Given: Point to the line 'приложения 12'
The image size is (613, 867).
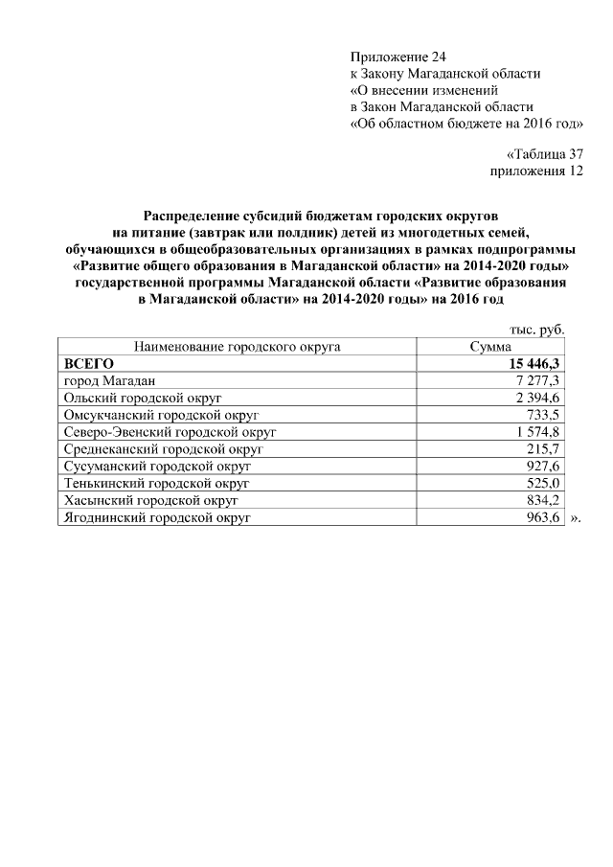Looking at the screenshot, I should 536,171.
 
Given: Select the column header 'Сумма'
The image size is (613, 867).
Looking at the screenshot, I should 489,348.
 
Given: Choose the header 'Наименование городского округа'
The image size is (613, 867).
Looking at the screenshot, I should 237,348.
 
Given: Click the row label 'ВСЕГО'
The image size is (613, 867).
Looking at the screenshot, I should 89,364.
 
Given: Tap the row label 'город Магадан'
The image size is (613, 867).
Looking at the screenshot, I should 102,380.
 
